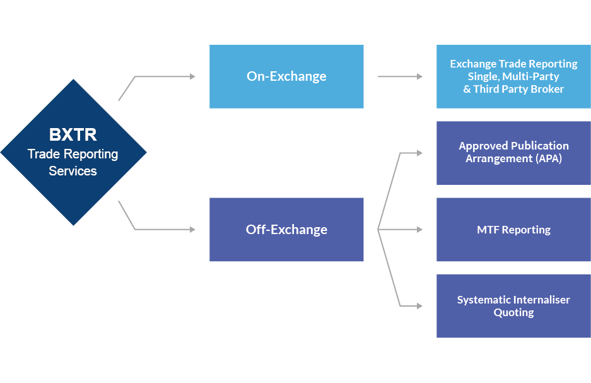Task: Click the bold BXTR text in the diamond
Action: point(73,135)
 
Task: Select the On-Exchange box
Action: point(286,76)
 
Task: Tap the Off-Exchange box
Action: point(286,230)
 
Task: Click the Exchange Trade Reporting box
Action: point(513,76)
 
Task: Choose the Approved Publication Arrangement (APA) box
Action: point(513,153)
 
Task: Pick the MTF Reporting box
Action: point(513,230)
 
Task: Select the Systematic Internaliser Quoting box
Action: point(513,306)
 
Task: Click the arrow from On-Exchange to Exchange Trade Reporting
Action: point(400,76)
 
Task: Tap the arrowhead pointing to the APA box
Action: point(419,153)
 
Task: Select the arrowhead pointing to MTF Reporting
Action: point(419,230)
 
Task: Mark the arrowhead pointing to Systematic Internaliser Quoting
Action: point(419,306)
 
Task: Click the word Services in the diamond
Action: point(73,171)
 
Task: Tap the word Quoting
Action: point(513,313)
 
